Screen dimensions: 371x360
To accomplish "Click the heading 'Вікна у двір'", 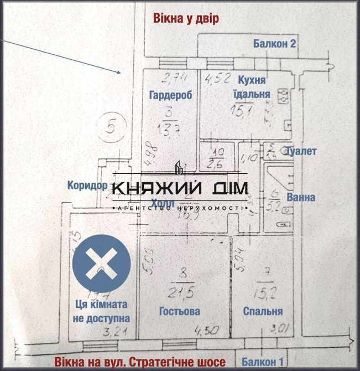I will pos(186,19).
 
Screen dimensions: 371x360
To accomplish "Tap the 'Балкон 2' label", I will pos(275,44).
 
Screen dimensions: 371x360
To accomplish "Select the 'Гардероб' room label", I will pos(170,95).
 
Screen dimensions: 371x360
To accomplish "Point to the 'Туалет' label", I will pos(301,151).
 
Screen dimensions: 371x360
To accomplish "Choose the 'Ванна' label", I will pos(301,197).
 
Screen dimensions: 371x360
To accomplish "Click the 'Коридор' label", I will pos(87,185).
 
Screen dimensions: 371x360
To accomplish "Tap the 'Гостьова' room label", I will pos(179,311).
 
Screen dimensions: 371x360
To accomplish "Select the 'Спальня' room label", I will pos(263,311).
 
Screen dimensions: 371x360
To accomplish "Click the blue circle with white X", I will pos(102,263).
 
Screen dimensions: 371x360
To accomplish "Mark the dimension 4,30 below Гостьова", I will pos(206,331).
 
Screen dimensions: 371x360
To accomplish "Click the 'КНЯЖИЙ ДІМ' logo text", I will pos(180,189).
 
